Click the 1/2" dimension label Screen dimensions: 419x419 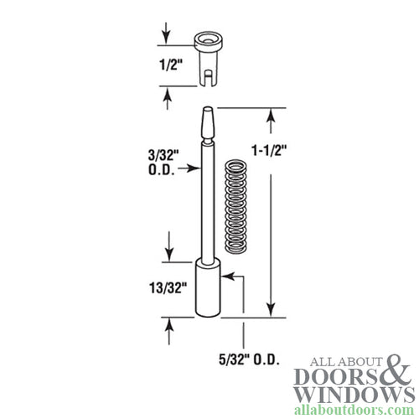(x=171, y=64)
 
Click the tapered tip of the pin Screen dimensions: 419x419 (x=206, y=126)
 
